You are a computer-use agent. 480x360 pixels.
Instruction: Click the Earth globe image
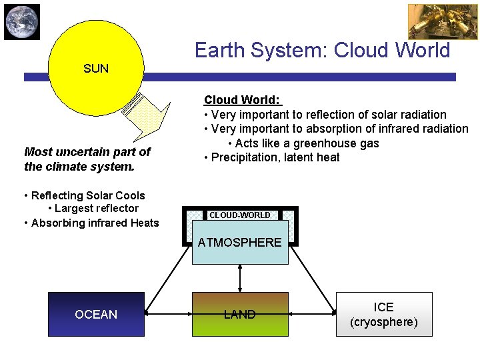tap(22, 21)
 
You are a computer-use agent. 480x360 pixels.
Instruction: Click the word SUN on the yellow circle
tap(96, 68)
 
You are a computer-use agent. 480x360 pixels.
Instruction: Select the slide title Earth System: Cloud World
tap(322, 50)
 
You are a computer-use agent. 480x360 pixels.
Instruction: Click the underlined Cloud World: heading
tap(243, 100)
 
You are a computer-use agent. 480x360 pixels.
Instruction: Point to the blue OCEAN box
tap(96, 314)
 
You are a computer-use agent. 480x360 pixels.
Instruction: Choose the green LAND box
tap(240, 314)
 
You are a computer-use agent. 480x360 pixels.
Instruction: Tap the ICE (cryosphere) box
tap(384, 314)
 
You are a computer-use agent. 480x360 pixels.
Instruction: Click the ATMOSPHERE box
tap(240, 243)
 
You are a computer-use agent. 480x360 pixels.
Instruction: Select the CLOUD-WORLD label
tap(240, 215)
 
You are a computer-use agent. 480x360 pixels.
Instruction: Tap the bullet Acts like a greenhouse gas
tap(303, 143)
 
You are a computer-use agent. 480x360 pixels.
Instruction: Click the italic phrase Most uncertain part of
tap(87, 152)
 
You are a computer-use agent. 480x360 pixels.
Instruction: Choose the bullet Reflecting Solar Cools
tap(84, 195)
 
